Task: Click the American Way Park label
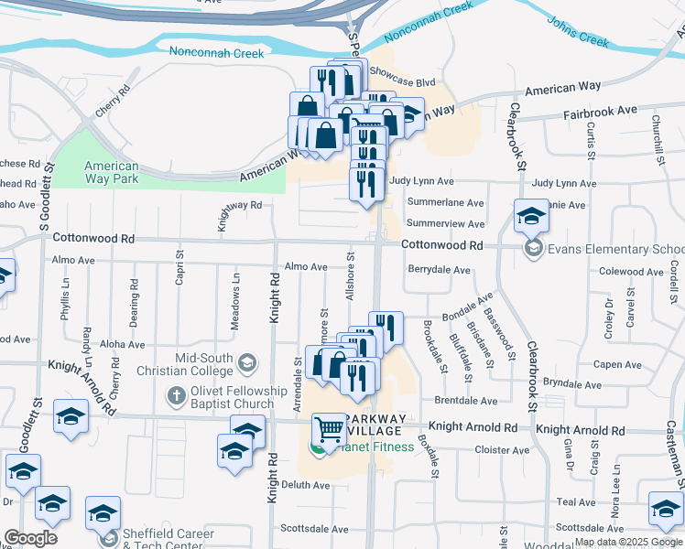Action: click(112, 172)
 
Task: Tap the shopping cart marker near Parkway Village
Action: click(329, 430)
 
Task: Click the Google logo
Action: click(30, 538)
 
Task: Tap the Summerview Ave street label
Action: click(445, 223)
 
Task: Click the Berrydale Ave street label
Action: click(439, 270)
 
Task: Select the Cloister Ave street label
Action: click(503, 450)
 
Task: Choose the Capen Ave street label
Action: click(617, 364)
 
